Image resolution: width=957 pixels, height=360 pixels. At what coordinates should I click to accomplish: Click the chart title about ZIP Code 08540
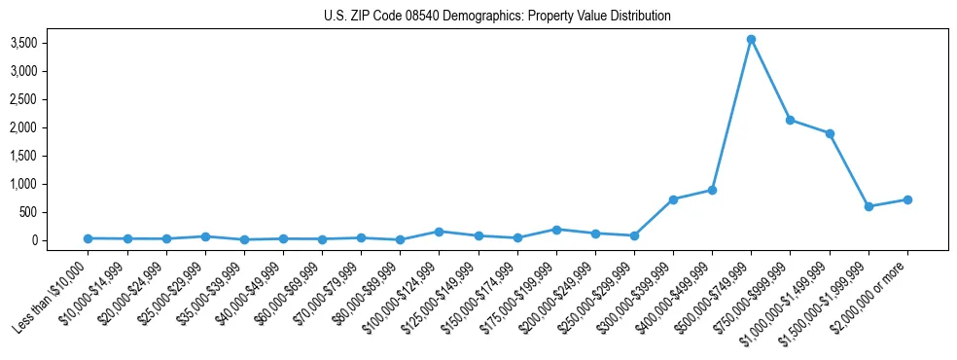coord(497,17)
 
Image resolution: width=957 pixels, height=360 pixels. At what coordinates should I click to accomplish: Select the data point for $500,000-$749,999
coord(751,39)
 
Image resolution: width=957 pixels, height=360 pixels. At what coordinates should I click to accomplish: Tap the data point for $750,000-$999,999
coord(790,120)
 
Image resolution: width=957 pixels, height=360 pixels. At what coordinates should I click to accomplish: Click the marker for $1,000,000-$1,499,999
coord(830,133)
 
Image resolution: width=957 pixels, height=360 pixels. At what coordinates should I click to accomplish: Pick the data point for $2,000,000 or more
coord(907,199)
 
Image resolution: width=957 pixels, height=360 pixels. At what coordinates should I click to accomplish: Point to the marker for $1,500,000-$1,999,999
coord(868,206)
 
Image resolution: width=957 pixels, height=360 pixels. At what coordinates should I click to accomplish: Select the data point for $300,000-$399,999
coord(673,199)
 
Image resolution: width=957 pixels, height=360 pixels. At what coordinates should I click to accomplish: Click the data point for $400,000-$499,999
coord(712,190)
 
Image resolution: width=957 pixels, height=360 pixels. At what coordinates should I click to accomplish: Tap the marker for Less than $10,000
coord(88,238)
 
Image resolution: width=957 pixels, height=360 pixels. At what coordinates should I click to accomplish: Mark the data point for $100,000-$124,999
coord(439,232)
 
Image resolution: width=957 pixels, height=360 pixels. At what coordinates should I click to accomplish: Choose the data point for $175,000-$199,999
coord(556,230)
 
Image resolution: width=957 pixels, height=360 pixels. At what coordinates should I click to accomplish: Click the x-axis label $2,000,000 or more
coord(870,294)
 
